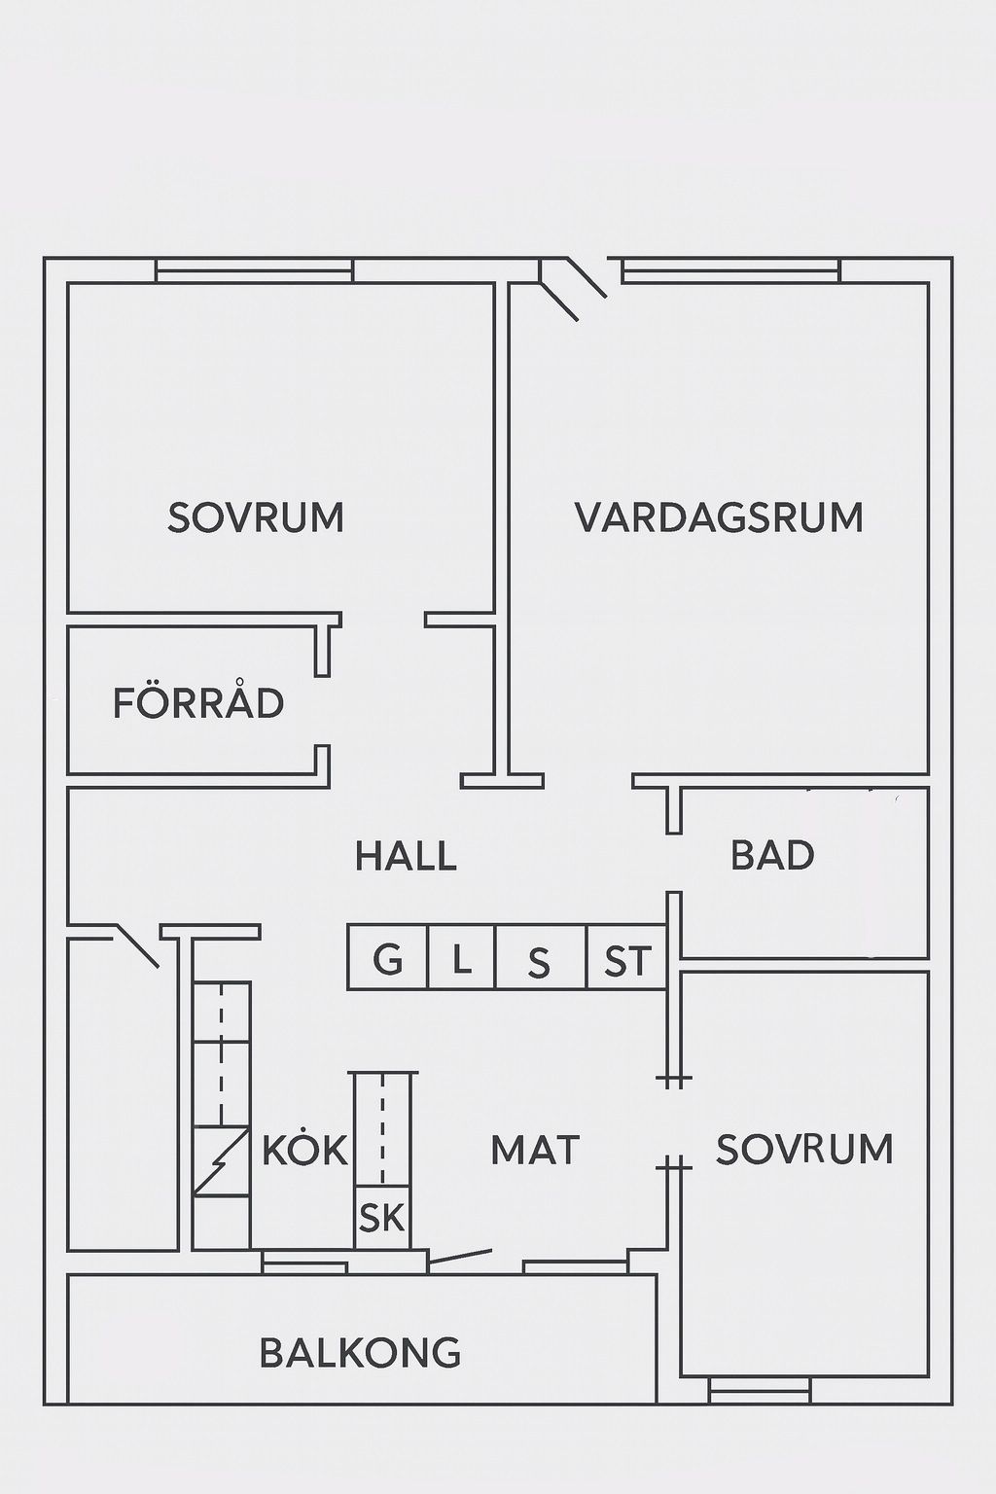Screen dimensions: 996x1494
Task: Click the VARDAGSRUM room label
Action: [719, 517]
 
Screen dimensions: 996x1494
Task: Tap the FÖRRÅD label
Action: [198, 702]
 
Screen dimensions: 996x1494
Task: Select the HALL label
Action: [406, 856]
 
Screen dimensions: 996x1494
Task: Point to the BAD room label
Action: [772, 854]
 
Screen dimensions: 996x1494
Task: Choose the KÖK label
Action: [304, 1147]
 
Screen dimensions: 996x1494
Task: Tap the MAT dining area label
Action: [535, 1149]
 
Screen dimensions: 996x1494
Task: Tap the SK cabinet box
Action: [382, 1217]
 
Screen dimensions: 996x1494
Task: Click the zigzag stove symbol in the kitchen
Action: [222, 1158]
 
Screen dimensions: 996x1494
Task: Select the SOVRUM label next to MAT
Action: [804, 1149]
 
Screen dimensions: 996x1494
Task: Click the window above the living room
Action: [731, 270]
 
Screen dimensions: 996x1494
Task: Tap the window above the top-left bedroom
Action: [254, 270]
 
